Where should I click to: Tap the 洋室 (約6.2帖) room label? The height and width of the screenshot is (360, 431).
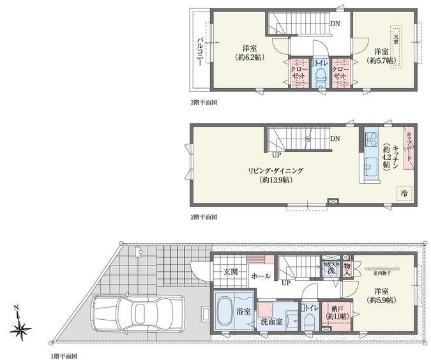(249, 53)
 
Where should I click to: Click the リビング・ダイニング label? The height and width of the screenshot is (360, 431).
(276, 175)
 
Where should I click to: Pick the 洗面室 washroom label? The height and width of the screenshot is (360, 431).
(271, 322)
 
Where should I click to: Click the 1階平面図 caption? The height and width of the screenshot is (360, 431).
(64, 355)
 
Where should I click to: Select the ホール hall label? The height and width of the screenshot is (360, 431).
(261, 276)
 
